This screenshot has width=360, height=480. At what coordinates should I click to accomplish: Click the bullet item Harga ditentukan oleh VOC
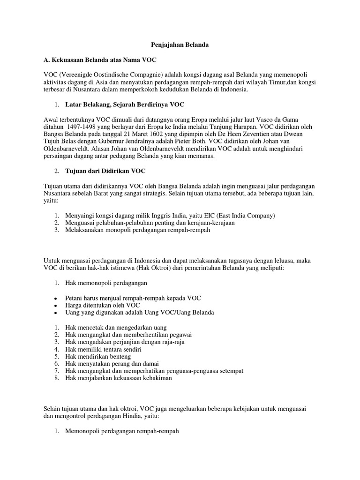103,305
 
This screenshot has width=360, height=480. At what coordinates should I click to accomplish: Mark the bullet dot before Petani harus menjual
56,298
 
